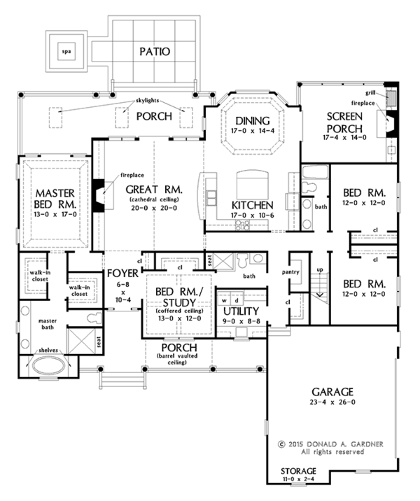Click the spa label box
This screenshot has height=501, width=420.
tap(66, 51)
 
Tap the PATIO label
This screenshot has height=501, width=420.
tap(155, 52)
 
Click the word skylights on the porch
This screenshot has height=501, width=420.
tap(148, 100)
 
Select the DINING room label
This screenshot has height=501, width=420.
tap(253, 120)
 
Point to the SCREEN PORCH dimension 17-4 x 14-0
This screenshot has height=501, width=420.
tap(344, 137)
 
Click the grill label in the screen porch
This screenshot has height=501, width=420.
tap(370, 93)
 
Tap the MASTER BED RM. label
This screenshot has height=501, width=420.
tap(55, 198)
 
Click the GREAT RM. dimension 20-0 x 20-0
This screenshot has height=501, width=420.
tap(154, 208)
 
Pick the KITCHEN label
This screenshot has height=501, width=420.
tap(253, 205)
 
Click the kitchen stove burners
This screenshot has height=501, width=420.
tap(243, 225)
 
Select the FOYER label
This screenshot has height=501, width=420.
tap(122, 273)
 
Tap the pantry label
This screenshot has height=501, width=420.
tap(290, 272)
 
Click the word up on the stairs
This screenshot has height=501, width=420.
tap(320, 270)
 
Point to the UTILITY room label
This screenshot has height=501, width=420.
tap(241, 311)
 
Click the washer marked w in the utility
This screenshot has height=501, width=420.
tap(225, 301)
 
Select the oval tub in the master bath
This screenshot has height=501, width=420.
tap(48, 365)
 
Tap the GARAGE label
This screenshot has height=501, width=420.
tap(332, 392)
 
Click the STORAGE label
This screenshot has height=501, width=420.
tap(298, 471)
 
